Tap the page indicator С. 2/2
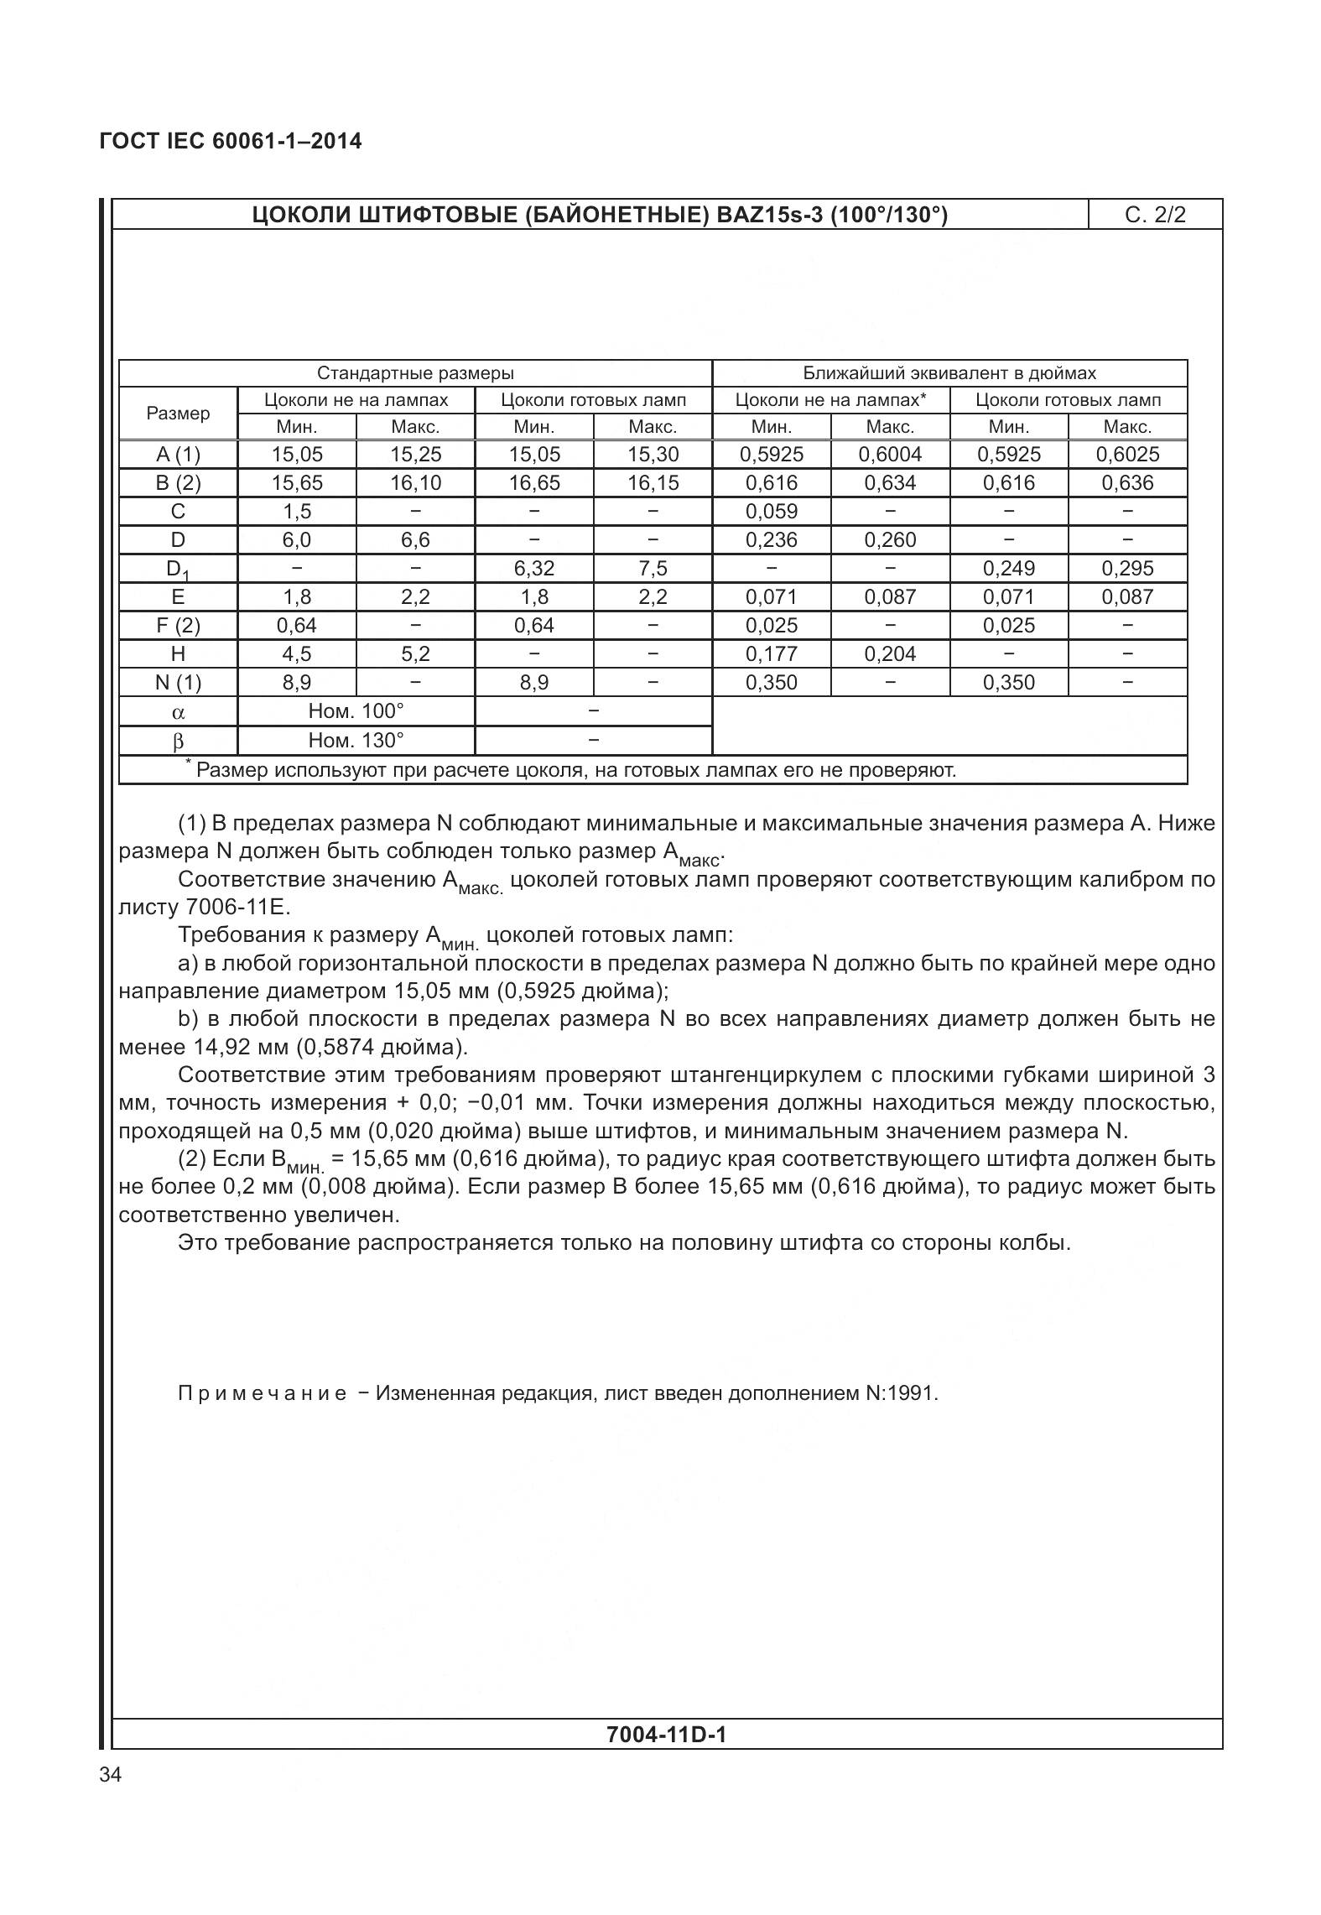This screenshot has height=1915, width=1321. [x=1155, y=215]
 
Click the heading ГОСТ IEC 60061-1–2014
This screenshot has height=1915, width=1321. [x=231, y=141]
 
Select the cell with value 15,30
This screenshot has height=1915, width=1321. [x=653, y=455]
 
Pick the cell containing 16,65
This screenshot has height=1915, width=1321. [x=534, y=483]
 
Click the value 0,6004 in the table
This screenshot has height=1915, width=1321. [x=890, y=455]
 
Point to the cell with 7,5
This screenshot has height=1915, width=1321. [x=653, y=569]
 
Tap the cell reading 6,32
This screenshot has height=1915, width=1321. [x=534, y=569]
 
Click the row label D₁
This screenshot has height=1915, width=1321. [x=178, y=570]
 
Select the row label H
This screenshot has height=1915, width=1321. [x=178, y=654]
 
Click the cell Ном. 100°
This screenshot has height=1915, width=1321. [x=356, y=711]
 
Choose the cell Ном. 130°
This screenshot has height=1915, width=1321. [x=356, y=740]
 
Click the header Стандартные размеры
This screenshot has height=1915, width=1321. [x=415, y=373]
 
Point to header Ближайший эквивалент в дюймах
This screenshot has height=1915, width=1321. [x=949, y=373]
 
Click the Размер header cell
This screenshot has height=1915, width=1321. [x=178, y=414]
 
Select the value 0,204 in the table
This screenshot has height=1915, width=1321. [x=890, y=654]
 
